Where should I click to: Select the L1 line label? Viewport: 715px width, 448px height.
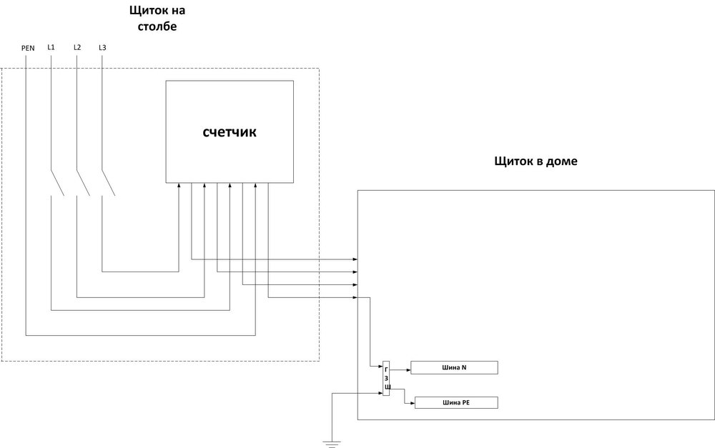pos(51,47)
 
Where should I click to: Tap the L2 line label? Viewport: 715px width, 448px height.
pos(77,47)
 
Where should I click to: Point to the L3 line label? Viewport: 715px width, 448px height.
pos(103,47)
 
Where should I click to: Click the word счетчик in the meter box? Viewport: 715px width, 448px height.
pos(230,132)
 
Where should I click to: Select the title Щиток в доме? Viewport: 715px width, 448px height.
pos(536,161)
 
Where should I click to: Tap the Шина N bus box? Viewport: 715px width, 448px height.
pos(455,368)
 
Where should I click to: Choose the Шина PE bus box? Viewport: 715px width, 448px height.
pos(455,403)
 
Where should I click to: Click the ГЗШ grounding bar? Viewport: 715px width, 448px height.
pos(387,378)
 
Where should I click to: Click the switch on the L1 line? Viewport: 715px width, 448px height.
pos(57,183)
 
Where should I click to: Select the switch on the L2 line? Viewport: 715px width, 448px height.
pos(83,183)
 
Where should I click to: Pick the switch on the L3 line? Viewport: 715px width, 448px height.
pos(109,183)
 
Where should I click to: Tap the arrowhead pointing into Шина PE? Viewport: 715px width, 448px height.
pos(412,404)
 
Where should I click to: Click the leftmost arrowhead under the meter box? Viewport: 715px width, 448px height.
pos(179,186)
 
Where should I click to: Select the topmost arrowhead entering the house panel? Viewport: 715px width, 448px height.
pos(355,258)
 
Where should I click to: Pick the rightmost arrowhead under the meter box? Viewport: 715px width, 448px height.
pos(268,186)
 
